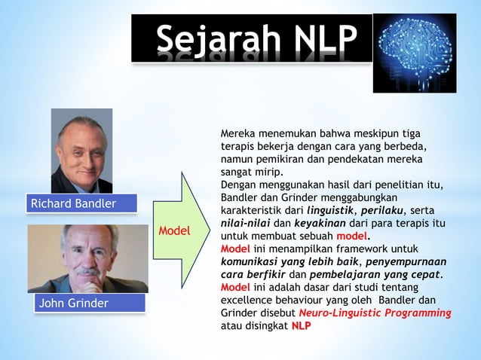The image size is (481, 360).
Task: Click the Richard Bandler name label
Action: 72,204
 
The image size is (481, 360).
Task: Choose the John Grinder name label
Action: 72,304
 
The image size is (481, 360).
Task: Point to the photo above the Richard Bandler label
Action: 81,151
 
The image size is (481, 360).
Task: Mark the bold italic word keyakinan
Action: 321,224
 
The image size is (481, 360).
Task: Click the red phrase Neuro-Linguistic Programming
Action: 375,313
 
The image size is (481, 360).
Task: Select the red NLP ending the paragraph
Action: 301,325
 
